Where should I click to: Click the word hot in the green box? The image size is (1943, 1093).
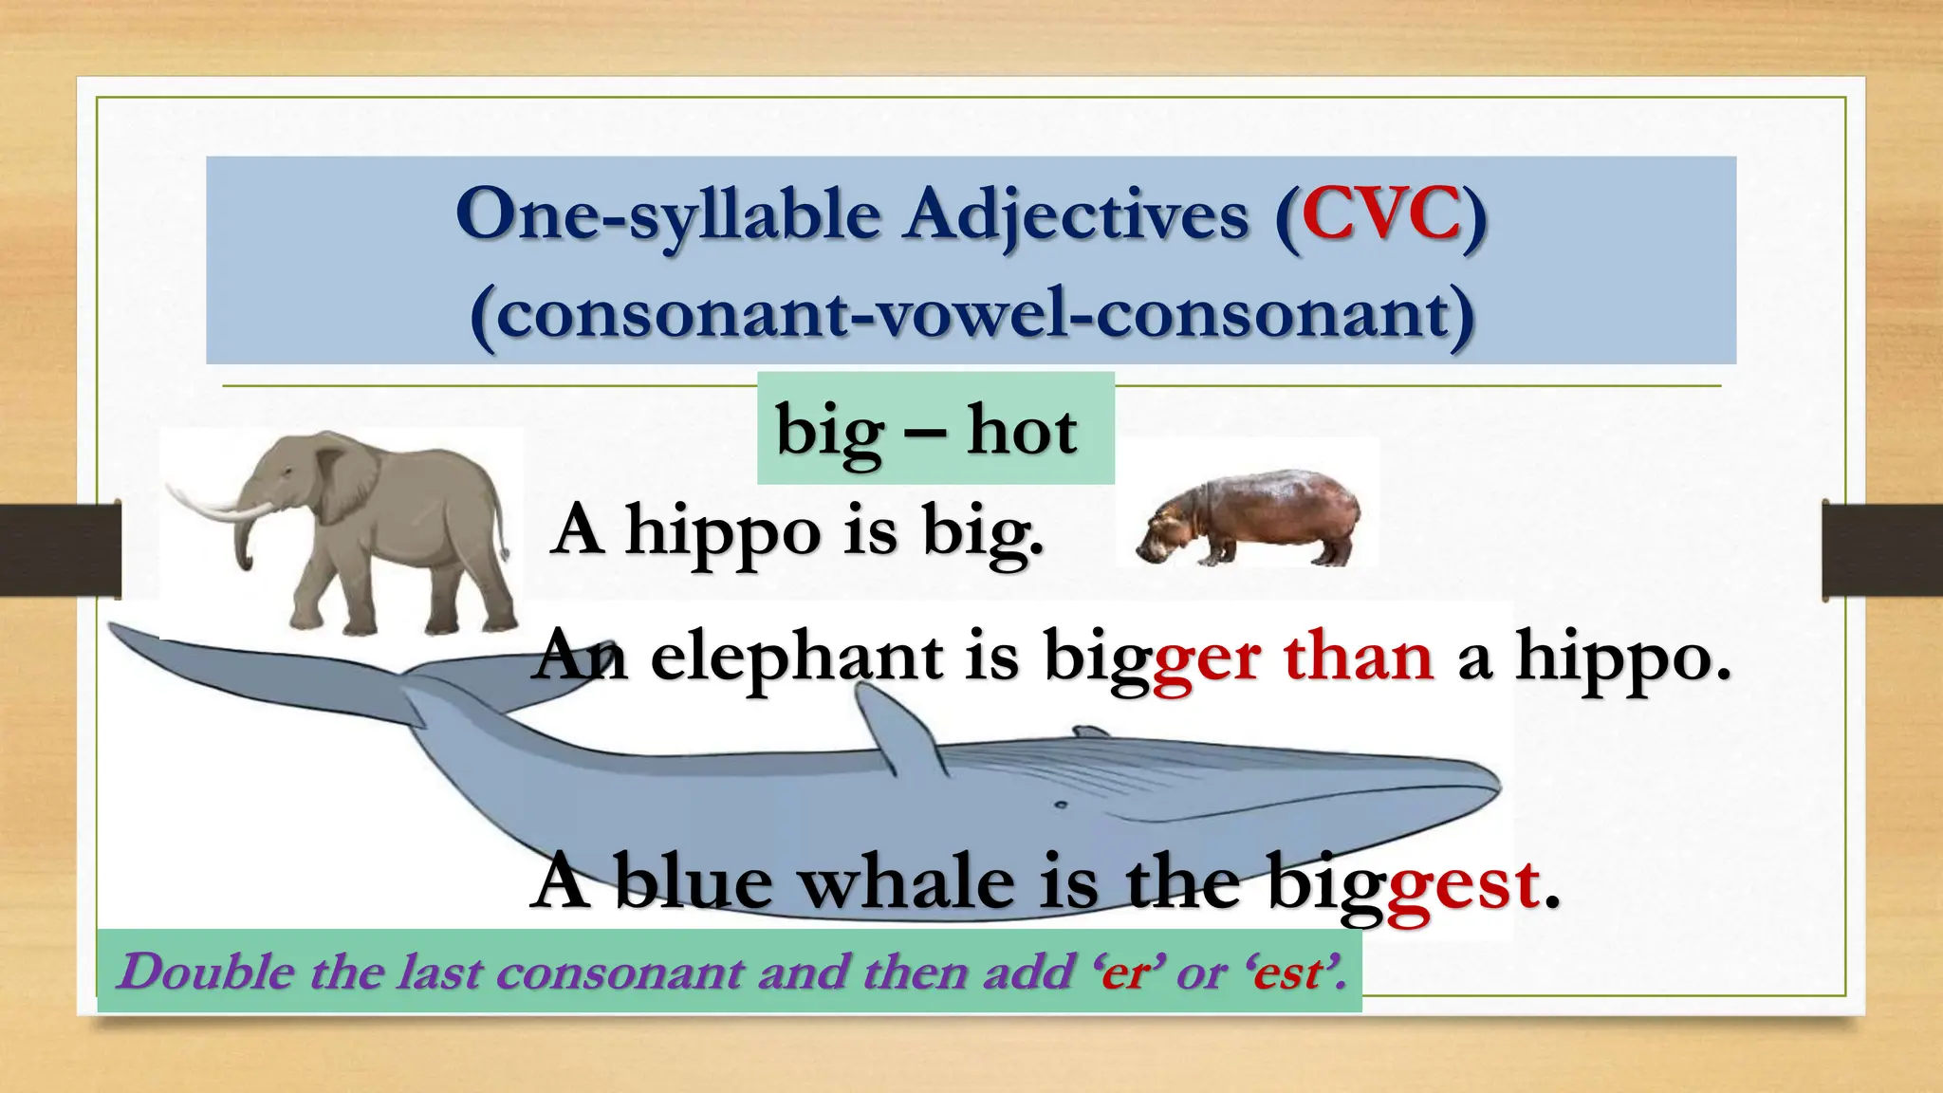tap(1022, 431)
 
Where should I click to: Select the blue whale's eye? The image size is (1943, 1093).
tap(1061, 806)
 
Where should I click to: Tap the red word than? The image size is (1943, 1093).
tap(1358, 657)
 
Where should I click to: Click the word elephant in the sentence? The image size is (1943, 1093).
tap(797, 657)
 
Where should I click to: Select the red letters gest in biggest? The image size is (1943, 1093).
tap(1462, 886)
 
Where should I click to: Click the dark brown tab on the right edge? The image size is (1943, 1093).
tap(1881, 550)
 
